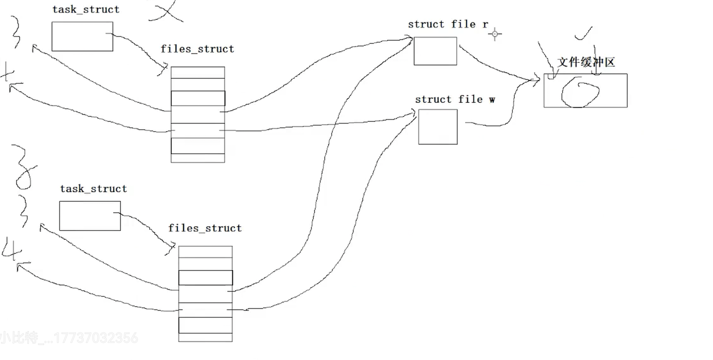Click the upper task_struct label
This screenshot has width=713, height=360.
pos(86,10)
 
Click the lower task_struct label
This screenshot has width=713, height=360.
pos(93,189)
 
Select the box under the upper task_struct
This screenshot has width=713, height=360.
pos(82,36)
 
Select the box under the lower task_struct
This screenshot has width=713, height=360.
pos(90,216)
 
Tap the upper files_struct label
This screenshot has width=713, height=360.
pos(197,49)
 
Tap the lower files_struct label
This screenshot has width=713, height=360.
pos(205,228)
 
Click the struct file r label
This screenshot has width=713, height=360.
pos(448,25)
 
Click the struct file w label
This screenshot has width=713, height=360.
pos(455,99)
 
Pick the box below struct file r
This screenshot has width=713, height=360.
pos(435,51)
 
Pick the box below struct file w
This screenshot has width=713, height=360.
pos(438,126)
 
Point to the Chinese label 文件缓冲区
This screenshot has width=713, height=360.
pos(586,62)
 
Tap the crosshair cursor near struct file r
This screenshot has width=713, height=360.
pos(495,34)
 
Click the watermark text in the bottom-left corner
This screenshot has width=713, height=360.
pos(69,338)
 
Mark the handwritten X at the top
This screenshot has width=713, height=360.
pos(166,10)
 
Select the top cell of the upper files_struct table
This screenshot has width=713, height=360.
pos(197,72)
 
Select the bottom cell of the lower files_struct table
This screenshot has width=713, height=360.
pos(205,337)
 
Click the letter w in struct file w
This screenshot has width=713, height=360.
pos(492,100)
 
